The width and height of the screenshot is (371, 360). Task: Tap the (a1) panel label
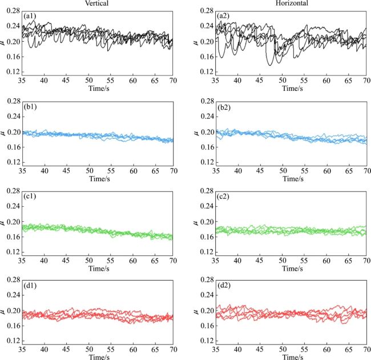[30, 18]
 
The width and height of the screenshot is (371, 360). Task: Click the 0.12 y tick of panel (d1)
[12, 341]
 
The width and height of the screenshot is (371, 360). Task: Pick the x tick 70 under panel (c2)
[366, 261]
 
